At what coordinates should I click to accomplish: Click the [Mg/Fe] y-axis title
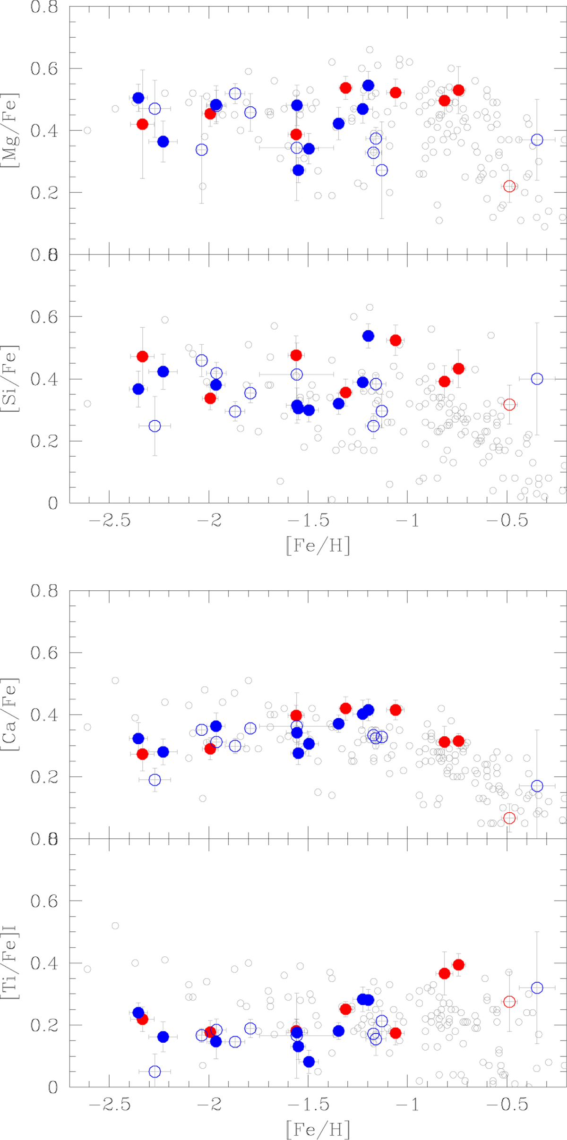click(10, 130)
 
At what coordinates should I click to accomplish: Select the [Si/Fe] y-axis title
click(10, 378)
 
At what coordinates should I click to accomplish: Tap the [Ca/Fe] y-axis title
click(10, 715)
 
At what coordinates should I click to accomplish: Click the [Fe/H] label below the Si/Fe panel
click(318, 545)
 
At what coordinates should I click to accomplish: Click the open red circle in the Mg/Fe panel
click(509, 186)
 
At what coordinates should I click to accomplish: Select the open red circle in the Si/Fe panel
click(509, 405)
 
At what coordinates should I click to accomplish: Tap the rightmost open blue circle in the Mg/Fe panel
click(537, 140)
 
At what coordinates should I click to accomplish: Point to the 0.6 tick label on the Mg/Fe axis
click(44, 69)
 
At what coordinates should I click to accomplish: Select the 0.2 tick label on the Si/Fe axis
click(44, 442)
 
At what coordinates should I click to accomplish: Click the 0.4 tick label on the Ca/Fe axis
click(44, 715)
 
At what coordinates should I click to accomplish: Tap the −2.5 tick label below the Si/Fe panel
click(110, 520)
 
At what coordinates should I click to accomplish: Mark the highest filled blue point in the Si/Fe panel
click(368, 336)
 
